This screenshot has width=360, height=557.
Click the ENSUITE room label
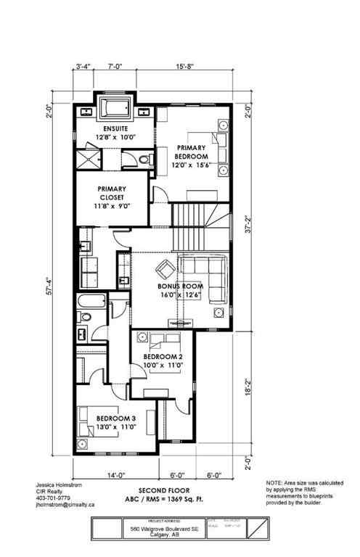[116, 129]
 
